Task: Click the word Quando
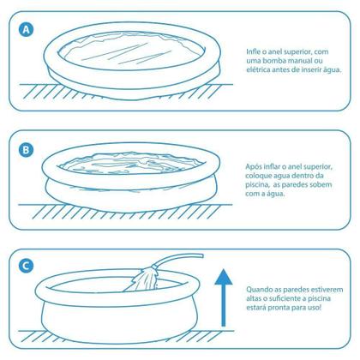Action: point(258,289)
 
